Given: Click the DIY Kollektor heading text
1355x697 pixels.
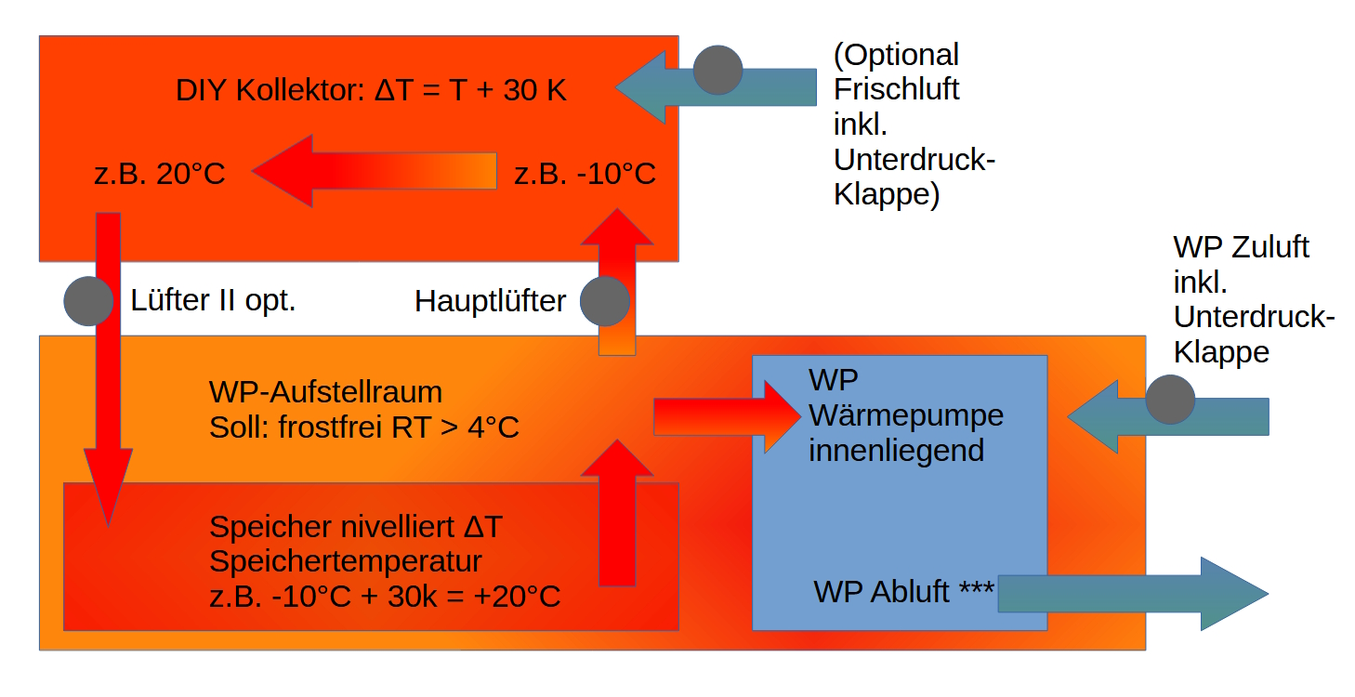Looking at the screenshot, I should click(371, 91).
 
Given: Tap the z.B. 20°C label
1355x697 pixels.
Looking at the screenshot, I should click(160, 174).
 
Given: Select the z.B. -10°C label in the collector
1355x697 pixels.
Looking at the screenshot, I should click(585, 174).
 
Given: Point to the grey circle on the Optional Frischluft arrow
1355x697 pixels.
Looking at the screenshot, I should click(718, 70).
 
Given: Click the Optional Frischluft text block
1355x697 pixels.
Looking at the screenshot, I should click(914, 125).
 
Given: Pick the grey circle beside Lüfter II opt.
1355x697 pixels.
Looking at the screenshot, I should click(88, 300).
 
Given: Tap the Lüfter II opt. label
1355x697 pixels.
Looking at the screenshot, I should click(213, 300).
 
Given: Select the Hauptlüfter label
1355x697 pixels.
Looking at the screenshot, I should click(490, 301).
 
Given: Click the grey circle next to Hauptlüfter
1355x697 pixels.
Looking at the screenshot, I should click(605, 300).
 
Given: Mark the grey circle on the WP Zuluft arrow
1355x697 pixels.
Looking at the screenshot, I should click(1170, 400).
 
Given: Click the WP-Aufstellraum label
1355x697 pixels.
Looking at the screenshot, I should click(325, 392).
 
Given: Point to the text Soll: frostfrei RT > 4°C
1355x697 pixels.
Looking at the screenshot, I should click(364, 427).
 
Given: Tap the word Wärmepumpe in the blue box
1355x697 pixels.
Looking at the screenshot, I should click(906, 415).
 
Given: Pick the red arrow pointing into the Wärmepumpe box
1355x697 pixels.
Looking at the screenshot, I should click(725, 416).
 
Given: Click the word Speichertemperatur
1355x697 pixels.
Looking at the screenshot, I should click(346, 561).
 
